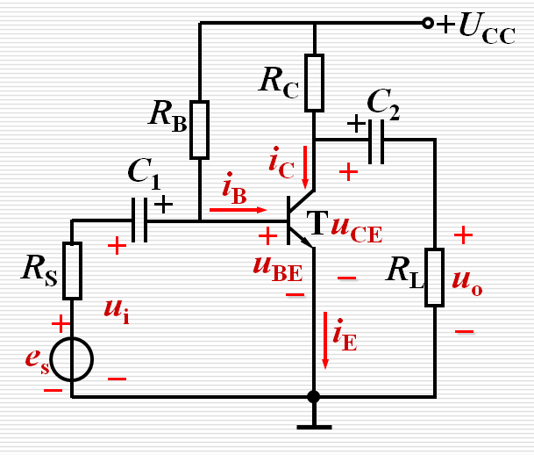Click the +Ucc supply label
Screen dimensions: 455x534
click(477, 25)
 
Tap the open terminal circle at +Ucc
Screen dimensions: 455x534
click(428, 23)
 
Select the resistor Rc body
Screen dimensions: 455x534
click(314, 83)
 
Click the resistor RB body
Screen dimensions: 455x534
click(200, 129)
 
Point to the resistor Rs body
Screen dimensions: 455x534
click(72, 271)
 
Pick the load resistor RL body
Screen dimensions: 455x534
click(435, 278)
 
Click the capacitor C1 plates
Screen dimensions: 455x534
click(139, 220)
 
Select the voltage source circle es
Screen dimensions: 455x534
click(71, 358)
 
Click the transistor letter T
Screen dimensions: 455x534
click(313, 226)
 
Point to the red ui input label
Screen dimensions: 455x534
click(116, 309)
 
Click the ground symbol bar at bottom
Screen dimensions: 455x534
click(314, 428)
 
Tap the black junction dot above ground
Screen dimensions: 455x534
click(314, 396)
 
